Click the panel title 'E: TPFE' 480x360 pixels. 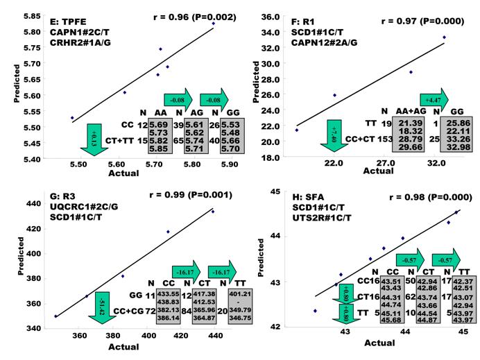coord(60,12)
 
